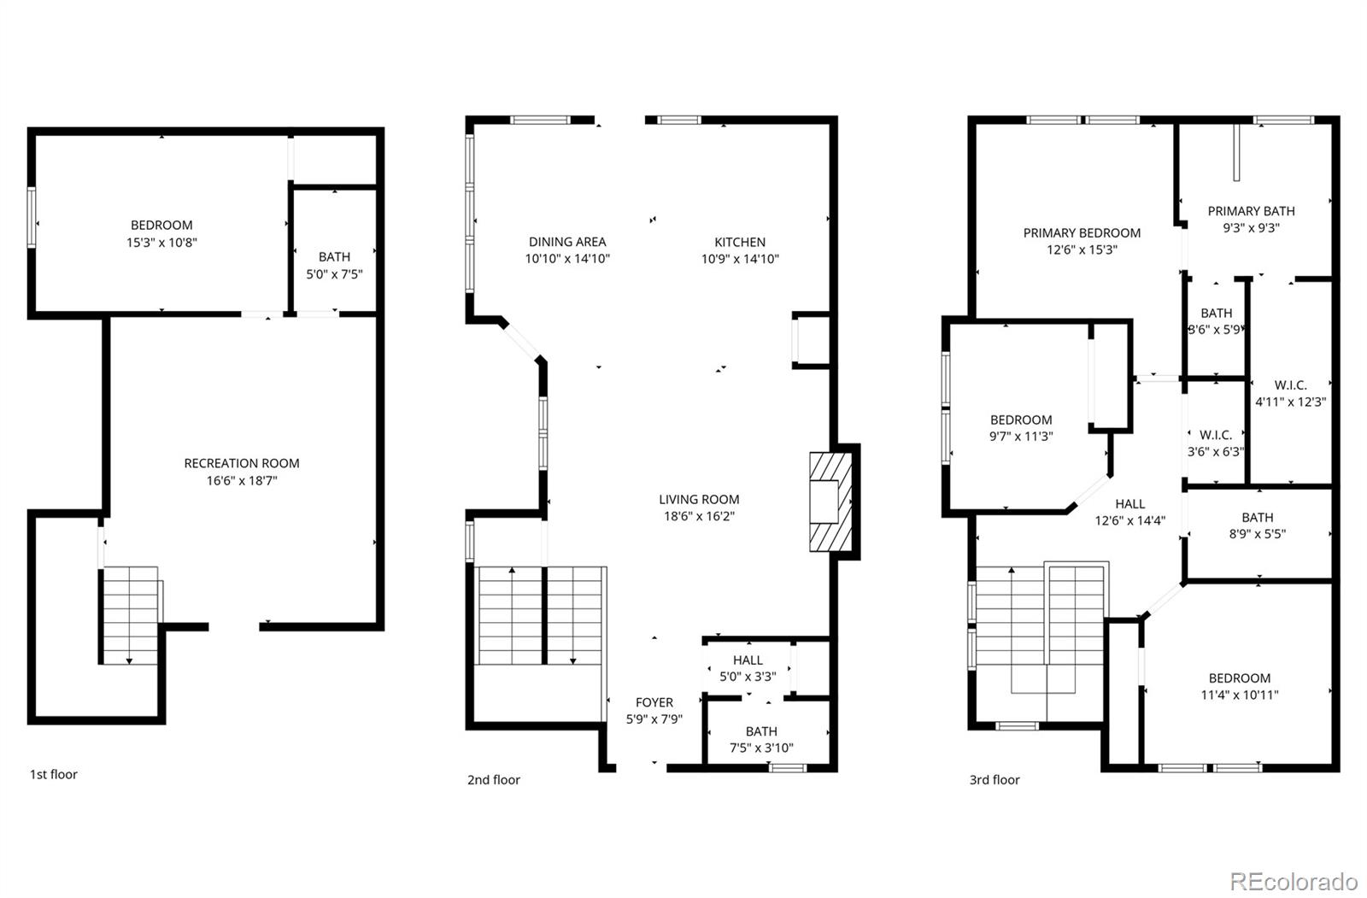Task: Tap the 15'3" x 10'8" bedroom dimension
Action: pyautogui.click(x=161, y=243)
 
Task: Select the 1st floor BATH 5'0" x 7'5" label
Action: pyautogui.click(x=334, y=266)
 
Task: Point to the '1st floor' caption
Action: pyautogui.click(x=54, y=774)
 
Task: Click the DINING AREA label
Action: pyautogui.click(x=567, y=242)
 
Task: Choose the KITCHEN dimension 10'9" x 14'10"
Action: pyautogui.click(x=740, y=259)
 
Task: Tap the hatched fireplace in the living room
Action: pyautogui.click(x=831, y=502)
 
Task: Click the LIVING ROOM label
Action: pyautogui.click(x=699, y=499)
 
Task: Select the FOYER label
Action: pyautogui.click(x=654, y=702)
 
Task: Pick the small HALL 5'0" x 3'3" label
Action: pyautogui.click(x=748, y=668)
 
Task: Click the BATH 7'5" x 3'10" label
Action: pyautogui.click(x=761, y=739)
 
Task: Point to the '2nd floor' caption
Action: pyautogui.click(x=494, y=779)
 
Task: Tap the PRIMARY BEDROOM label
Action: pyautogui.click(x=1082, y=232)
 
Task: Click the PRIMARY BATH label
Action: pyautogui.click(x=1251, y=211)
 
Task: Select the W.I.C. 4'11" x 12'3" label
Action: pyautogui.click(x=1291, y=394)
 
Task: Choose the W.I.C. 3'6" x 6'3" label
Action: pyautogui.click(x=1216, y=443)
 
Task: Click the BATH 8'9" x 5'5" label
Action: pyautogui.click(x=1257, y=525)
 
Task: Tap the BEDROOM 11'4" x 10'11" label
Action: pyautogui.click(x=1240, y=686)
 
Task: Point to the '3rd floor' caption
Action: pyautogui.click(x=994, y=779)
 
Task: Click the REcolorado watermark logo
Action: pyautogui.click(x=1294, y=882)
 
